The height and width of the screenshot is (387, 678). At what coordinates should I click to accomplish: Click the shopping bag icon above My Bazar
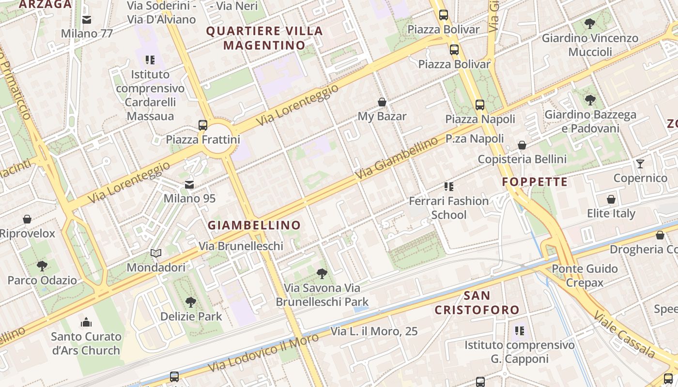tap(382, 102)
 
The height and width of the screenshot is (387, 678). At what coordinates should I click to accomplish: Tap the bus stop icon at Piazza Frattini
tap(203, 125)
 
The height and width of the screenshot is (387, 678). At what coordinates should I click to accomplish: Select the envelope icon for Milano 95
tap(189, 185)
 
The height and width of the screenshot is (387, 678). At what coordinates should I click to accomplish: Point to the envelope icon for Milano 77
tap(87, 20)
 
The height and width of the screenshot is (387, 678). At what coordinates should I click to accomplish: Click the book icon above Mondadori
tap(156, 253)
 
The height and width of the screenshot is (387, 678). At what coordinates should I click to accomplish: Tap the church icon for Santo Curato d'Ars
tap(86, 322)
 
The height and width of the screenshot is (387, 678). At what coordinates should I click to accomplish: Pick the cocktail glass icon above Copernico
tap(640, 164)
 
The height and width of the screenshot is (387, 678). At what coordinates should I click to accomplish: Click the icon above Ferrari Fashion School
tap(449, 186)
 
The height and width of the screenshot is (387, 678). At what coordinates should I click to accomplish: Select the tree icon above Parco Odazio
tap(42, 266)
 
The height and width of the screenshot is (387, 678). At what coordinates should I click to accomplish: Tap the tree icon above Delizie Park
tap(191, 302)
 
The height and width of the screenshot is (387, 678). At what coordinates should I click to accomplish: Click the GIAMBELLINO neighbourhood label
tap(254, 225)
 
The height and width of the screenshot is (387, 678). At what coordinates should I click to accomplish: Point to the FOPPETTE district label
tap(535, 182)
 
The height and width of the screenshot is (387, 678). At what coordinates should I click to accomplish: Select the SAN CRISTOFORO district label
tap(477, 302)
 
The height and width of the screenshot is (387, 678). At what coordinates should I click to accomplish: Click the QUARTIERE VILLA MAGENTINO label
tap(264, 38)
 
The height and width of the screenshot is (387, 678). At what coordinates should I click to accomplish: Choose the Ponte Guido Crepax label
tap(585, 275)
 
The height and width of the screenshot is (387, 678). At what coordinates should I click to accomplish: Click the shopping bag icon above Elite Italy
tap(611, 199)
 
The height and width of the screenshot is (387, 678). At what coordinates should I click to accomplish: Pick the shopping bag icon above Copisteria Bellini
tap(522, 145)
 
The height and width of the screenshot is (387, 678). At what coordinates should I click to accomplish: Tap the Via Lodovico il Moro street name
tap(264, 352)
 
